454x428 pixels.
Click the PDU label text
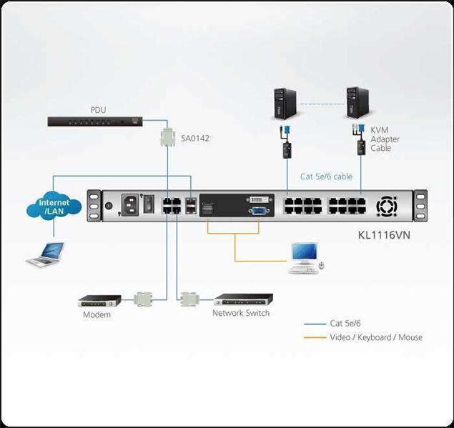pos(98,110)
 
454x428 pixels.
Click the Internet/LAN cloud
pos(54,207)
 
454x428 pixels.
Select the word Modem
pos(97,314)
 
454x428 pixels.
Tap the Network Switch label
pos(241,313)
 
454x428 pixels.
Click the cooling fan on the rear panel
pos(387,206)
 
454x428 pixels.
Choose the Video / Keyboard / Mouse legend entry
pos(375,337)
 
